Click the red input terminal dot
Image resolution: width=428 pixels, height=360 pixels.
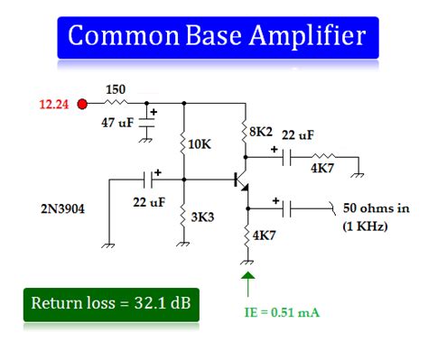click(83, 104)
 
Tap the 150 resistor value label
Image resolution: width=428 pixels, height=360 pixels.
click(116, 89)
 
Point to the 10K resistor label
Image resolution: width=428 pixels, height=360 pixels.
click(200, 143)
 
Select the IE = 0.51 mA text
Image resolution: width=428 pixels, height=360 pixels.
click(282, 313)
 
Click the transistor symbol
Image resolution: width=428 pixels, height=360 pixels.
click(241, 181)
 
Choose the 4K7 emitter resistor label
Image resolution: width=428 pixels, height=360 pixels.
click(265, 236)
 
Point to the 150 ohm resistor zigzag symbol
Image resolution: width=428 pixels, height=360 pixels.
click(116, 104)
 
